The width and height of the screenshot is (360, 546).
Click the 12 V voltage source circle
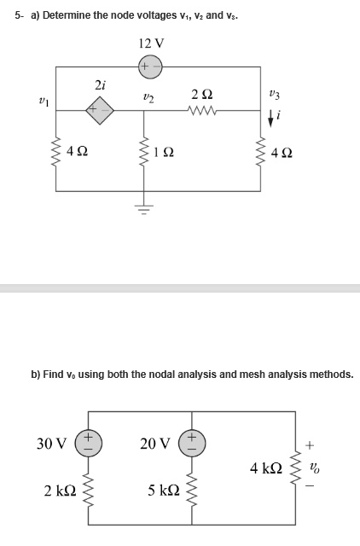click(x=150, y=67)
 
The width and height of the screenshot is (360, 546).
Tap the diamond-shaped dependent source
click(x=101, y=110)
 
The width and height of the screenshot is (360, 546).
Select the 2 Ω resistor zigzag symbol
click(x=202, y=111)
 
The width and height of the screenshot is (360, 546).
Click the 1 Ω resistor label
click(x=164, y=152)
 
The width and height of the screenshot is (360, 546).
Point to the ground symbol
click(x=144, y=209)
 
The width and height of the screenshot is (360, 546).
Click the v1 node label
click(x=44, y=102)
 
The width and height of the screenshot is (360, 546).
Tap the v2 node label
click(x=148, y=99)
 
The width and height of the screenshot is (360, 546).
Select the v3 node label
click(x=275, y=94)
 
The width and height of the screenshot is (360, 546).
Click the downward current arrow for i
click(x=270, y=119)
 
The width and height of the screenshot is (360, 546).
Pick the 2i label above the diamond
click(x=101, y=84)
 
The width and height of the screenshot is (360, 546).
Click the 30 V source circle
click(x=89, y=444)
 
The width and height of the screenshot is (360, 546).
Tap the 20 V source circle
click(x=192, y=444)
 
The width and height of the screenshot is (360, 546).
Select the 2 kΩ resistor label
click(x=60, y=491)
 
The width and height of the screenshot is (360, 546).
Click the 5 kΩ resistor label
click(x=164, y=491)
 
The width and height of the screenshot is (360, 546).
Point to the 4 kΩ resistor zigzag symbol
click(x=295, y=468)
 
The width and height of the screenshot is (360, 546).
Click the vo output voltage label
click(x=315, y=468)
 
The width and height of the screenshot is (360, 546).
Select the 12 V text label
click(x=151, y=44)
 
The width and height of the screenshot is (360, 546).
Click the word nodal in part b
click(x=163, y=375)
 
